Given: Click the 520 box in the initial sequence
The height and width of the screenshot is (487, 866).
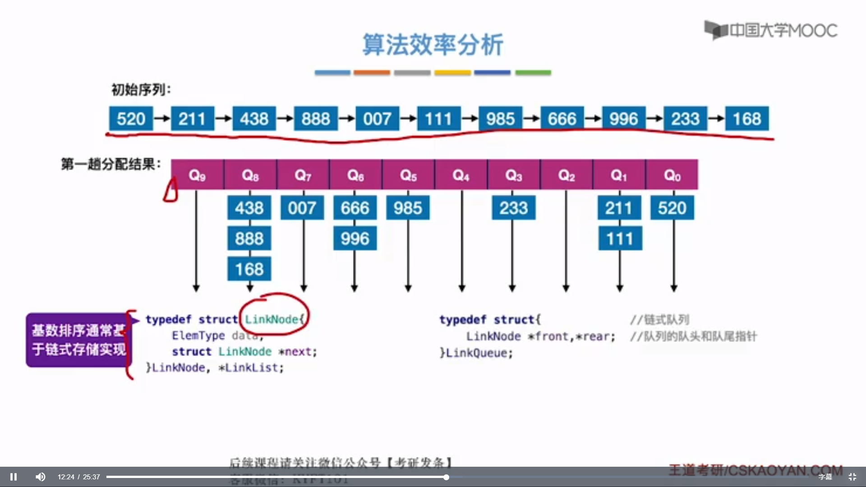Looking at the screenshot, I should pyautogui.click(x=131, y=119).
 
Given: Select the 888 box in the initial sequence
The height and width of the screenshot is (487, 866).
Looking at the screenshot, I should pyautogui.click(x=316, y=119).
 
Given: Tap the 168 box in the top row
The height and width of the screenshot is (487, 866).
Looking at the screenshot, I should pyautogui.click(x=746, y=119).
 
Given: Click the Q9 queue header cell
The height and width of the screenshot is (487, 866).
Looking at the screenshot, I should pyautogui.click(x=197, y=175).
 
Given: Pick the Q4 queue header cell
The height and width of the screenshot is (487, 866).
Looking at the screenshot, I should pyautogui.click(x=461, y=175).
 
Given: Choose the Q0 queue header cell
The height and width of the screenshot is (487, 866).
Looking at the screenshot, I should pyautogui.click(x=672, y=175).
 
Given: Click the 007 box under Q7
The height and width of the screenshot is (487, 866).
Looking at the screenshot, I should pyautogui.click(x=302, y=208).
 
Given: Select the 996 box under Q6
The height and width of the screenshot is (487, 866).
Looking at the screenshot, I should pyautogui.click(x=355, y=239).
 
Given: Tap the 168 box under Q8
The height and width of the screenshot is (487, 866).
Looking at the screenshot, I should pyautogui.click(x=249, y=269).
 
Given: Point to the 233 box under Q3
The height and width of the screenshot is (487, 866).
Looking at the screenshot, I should pyautogui.click(x=513, y=208).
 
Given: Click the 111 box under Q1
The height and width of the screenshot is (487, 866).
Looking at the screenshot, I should pyautogui.click(x=620, y=239).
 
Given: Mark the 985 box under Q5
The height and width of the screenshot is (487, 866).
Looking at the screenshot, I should pyautogui.click(x=408, y=208).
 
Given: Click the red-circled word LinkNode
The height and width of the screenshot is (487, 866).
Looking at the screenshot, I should pyautogui.click(x=272, y=319).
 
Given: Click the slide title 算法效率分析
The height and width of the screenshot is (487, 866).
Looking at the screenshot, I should pyautogui.click(x=433, y=45).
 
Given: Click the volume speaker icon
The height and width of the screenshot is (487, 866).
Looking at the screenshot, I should pyautogui.click(x=41, y=477).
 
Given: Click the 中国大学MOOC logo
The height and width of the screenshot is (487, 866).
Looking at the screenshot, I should pyautogui.click(x=771, y=30).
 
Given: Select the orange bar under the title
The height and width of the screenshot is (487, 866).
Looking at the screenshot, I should pyautogui.click(x=372, y=73).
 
